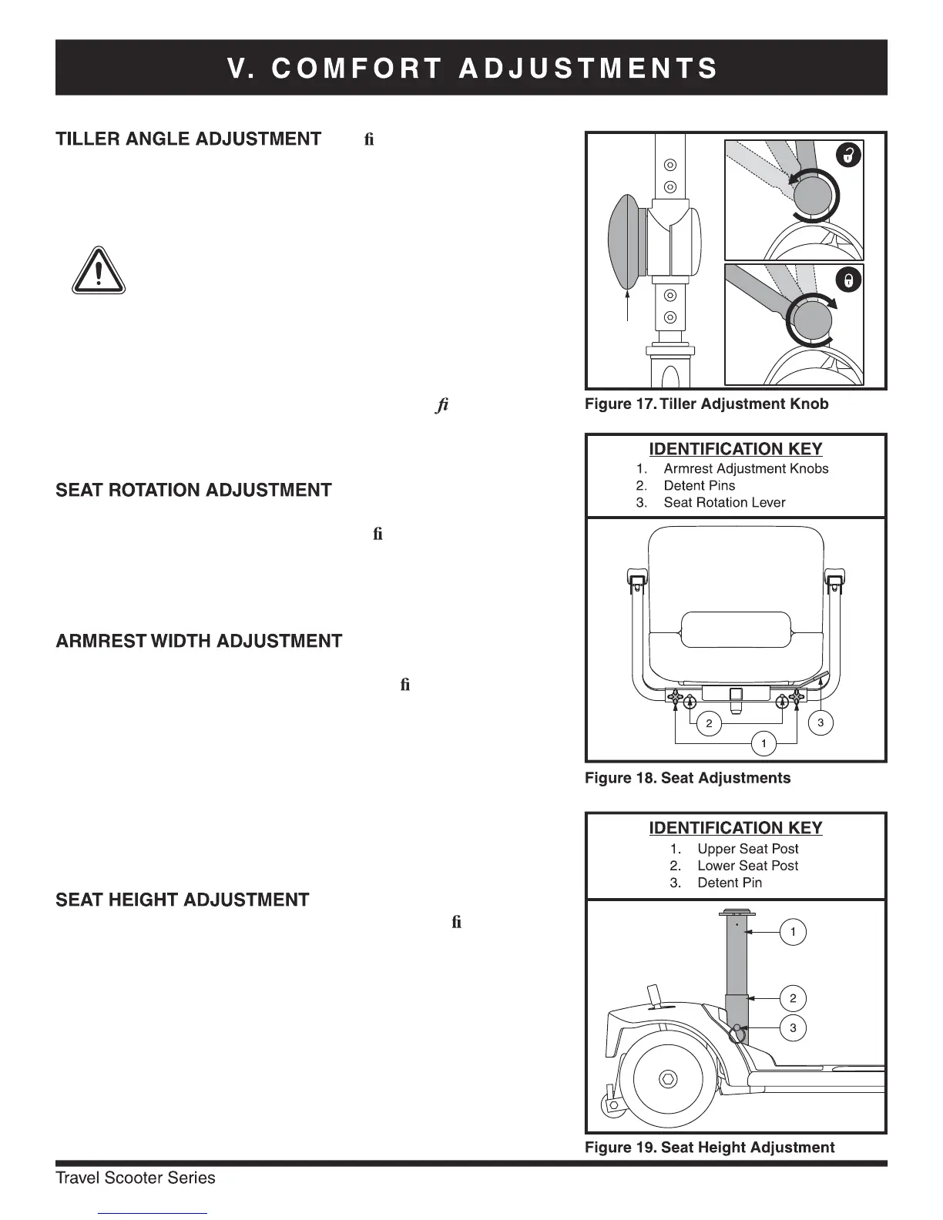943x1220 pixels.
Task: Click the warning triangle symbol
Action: coord(99,270)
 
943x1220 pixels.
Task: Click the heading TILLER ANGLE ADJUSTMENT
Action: coord(188,139)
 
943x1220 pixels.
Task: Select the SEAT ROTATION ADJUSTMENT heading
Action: coord(193,491)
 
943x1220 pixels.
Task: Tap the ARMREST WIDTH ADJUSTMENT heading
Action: coord(199,642)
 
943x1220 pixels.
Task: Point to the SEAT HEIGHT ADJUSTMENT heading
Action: coord(183,900)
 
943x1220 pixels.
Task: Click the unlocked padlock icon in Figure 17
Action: coord(847,155)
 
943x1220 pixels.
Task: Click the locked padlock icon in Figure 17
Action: coord(847,280)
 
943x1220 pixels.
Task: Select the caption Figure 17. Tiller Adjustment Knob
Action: coord(706,404)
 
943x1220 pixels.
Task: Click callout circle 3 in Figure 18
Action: coord(821,722)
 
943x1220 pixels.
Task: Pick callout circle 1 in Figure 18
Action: coord(763,743)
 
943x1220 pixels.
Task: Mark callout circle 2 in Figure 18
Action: coord(709,723)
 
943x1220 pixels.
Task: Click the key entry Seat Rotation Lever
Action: coord(724,503)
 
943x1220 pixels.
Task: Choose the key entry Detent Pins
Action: coord(699,486)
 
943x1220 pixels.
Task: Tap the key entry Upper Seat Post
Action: coord(747,849)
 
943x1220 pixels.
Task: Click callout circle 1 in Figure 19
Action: coord(793,932)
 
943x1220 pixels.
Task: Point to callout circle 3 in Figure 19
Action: coord(793,1027)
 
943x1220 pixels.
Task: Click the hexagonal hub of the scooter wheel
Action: coord(668,1079)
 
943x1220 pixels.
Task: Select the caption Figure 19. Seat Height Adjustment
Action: coord(709,1148)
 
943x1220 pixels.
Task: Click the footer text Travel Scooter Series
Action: coord(136,1178)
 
